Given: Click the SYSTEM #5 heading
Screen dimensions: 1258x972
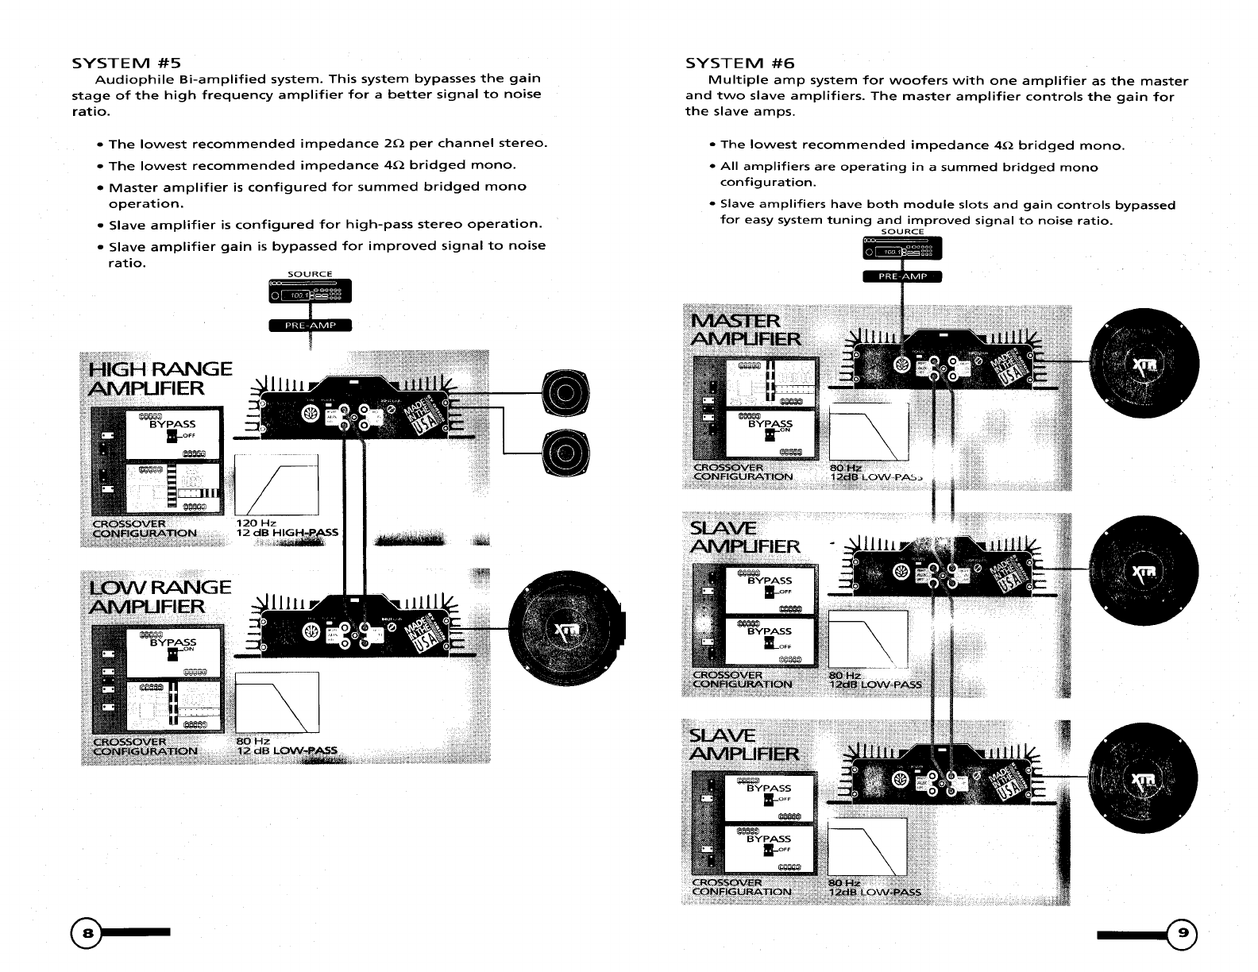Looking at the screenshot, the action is (x=128, y=63).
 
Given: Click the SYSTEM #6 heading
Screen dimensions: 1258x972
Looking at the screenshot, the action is (x=739, y=63).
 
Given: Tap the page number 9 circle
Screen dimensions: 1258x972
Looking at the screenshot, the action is (x=1183, y=934).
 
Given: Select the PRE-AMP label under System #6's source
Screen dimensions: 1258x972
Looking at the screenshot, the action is (x=901, y=276).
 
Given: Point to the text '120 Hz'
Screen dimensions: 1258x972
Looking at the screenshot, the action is (x=256, y=523).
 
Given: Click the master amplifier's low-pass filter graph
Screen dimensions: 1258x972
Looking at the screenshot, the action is (x=868, y=431).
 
